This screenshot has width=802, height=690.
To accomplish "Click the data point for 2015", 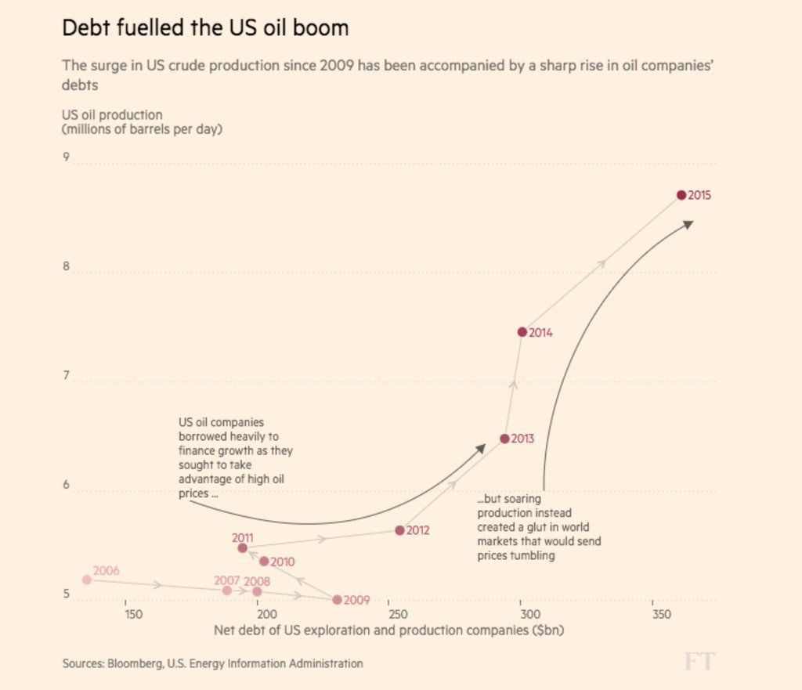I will (681, 195).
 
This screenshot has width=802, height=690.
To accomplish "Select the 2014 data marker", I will (522, 332).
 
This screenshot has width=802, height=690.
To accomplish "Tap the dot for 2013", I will (504, 439).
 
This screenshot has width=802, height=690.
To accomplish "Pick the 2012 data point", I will (399, 530).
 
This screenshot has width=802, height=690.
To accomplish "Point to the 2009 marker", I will (337, 600).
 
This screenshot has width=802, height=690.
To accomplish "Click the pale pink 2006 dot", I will (86, 580).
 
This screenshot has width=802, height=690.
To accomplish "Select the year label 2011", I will (242, 538).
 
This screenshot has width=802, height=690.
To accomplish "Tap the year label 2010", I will (282, 562).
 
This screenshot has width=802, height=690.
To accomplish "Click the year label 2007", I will (226, 581).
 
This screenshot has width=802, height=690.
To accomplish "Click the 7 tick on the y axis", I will (67, 377).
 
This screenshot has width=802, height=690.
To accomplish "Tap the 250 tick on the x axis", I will (395, 613).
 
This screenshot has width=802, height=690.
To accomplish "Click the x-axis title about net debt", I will (389, 629).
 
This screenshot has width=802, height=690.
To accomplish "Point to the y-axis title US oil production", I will (112, 115).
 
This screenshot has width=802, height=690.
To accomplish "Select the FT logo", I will (699, 662).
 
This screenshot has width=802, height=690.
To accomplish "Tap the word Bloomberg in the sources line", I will (133, 663).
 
